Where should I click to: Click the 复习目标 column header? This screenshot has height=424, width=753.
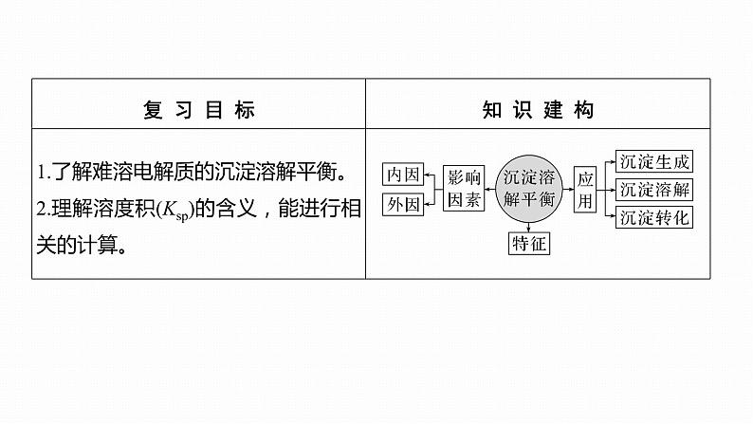click(x=198, y=111)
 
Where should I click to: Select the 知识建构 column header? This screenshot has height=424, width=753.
click(x=538, y=111)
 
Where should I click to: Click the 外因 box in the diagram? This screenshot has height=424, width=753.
click(x=402, y=203)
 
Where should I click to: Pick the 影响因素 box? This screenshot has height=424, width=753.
click(x=464, y=188)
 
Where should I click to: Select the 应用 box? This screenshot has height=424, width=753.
click(x=584, y=188)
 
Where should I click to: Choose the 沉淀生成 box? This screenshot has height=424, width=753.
click(x=654, y=160)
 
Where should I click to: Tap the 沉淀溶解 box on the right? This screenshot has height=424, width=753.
click(x=654, y=189)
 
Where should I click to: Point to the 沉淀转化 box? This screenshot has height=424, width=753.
click(x=654, y=217)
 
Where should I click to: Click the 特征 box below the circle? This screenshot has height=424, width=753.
click(x=530, y=243)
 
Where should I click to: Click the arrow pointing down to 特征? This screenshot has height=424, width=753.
click(x=530, y=225)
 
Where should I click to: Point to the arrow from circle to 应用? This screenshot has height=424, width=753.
click(x=567, y=188)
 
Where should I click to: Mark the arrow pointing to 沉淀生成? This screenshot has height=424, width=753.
click(x=610, y=161)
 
